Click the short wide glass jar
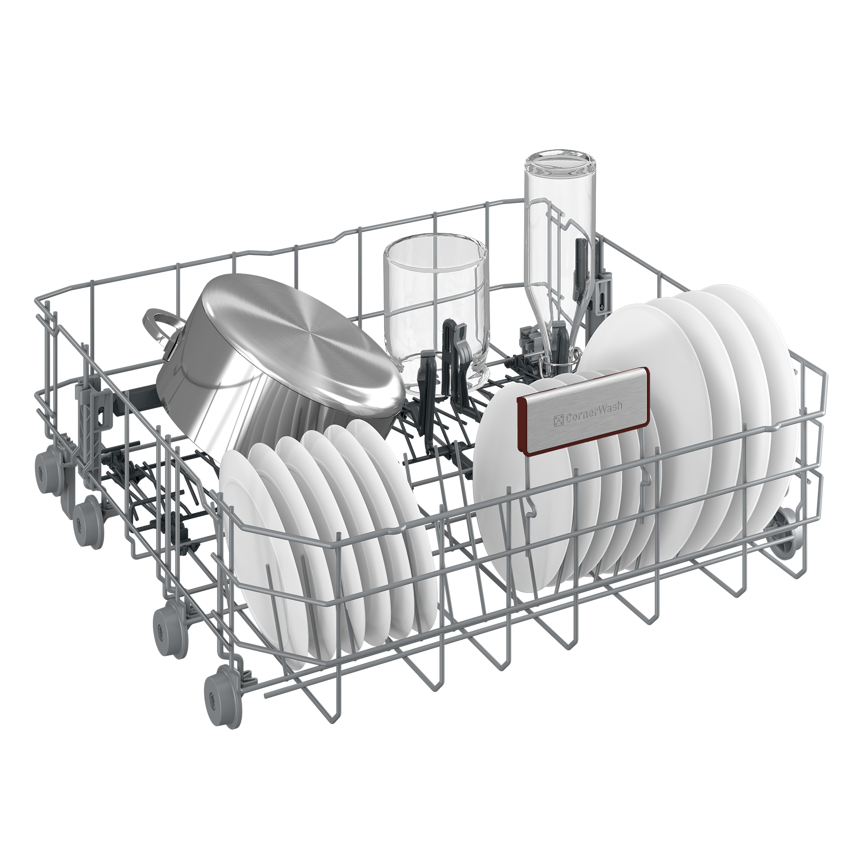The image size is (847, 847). (436, 313)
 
